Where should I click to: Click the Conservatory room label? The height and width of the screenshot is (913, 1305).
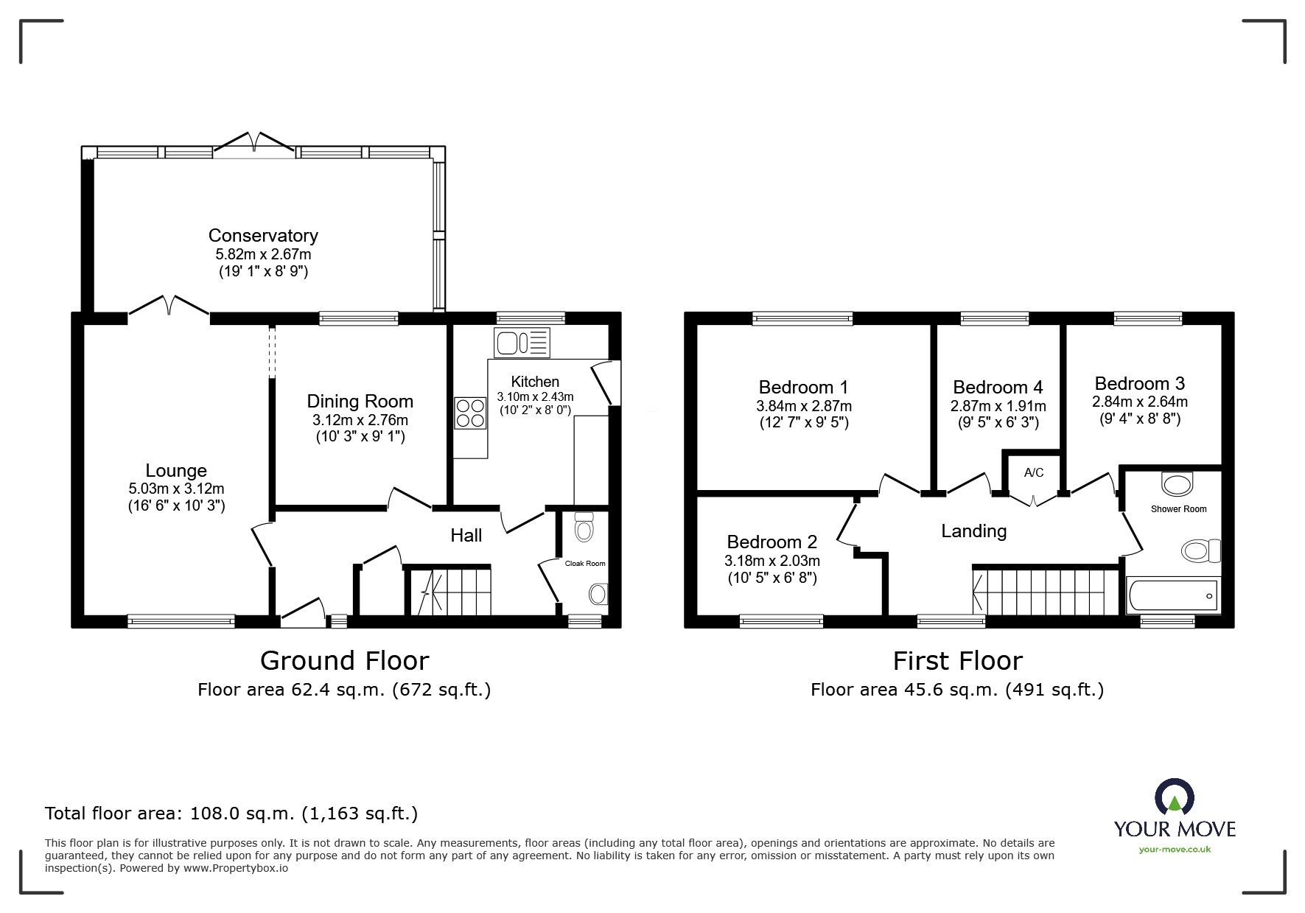click(263, 236)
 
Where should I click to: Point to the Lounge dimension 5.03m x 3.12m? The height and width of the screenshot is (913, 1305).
click(176, 489)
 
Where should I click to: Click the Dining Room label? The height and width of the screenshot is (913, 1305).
click(360, 402)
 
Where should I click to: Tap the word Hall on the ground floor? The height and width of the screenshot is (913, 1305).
click(466, 536)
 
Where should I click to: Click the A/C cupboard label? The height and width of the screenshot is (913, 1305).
click(1033, 473)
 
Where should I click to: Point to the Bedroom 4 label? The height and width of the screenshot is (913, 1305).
click(998, 388)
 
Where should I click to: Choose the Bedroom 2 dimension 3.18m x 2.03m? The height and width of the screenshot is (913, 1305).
click(772, 561)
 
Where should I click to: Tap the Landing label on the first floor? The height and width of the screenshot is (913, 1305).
click(973, 531)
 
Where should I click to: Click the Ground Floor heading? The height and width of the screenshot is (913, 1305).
click(344, 660)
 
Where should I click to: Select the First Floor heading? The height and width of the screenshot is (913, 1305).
click(957, 661)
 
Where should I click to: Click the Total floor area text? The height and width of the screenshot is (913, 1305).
click(231, 814)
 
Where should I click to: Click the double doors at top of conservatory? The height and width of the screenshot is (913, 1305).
click(254, 141)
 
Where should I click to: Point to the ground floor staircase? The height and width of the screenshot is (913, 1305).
click(449, 591)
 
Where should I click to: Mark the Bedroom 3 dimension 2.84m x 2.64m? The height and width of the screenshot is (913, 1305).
click(1139, 402)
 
